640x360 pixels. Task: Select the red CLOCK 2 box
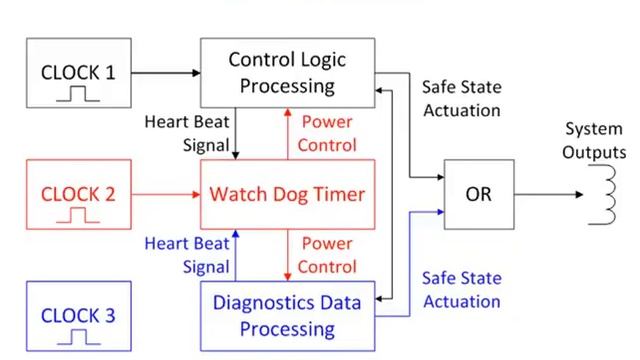[78, 194]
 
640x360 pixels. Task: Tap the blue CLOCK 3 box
[78, 317]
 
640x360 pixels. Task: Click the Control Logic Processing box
[287, 72]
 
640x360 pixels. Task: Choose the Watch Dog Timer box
[287, 193]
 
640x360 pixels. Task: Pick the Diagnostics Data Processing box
[287, 314]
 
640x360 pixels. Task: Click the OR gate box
[479, 194]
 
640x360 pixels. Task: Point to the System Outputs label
[594, 141]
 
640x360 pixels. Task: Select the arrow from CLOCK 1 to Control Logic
[165, 72]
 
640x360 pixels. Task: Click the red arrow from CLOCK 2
[165, 194]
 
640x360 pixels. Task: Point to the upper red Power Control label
[327, 132]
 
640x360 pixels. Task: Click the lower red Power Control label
[327, 254]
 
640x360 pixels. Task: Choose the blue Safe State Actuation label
[462, 287]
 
